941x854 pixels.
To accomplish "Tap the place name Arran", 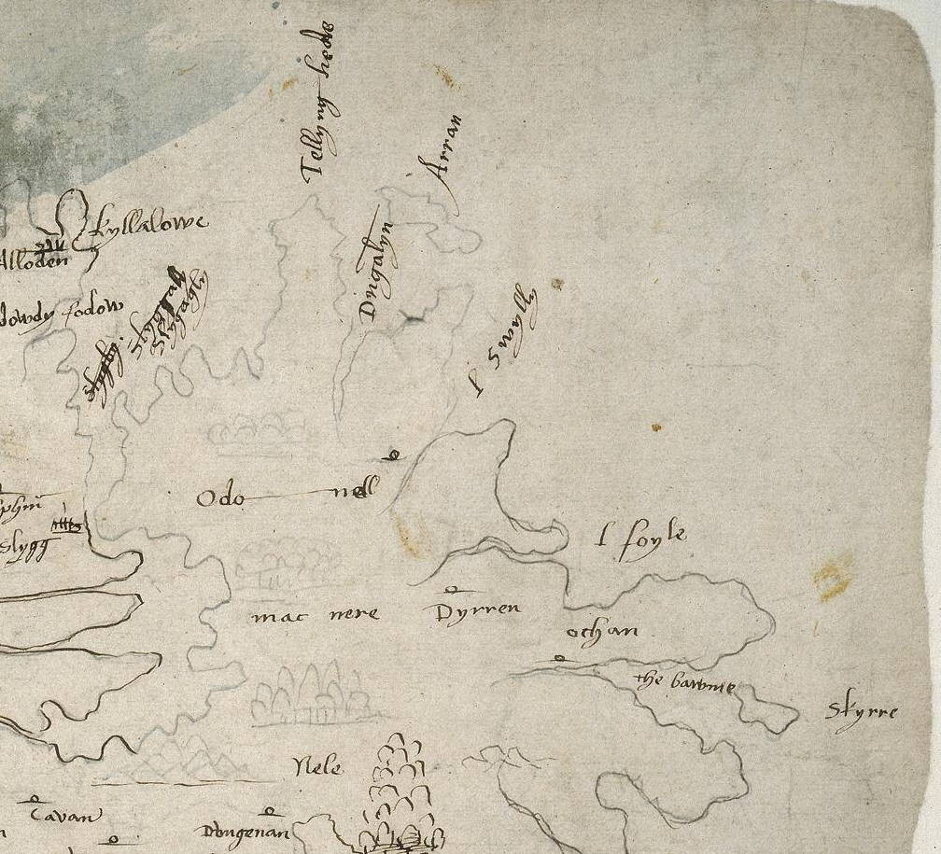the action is coord(440,156).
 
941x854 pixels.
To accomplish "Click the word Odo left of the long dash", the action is coord(220,498).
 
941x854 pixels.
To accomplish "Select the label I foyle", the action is coord(642,541).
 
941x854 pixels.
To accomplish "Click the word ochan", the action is coord(603,632).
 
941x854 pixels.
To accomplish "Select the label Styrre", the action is coord(861,714).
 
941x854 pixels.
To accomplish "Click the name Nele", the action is coord(317,768).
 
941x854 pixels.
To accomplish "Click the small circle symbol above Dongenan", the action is coord(272,812).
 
